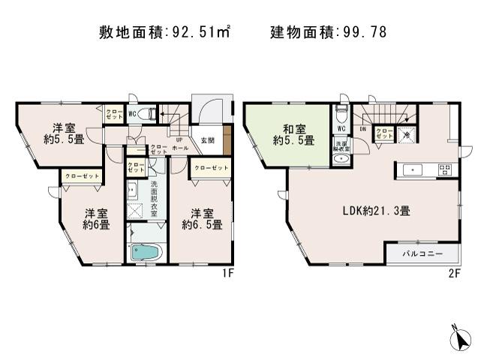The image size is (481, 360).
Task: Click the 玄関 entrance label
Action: coord(207,140)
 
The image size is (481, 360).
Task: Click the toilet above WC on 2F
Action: coord(341,115)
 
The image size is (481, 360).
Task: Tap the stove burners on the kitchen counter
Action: coord(443,169)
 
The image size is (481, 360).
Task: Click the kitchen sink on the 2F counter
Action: coord(413,169)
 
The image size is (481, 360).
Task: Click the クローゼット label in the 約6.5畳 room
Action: coord(210,168)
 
